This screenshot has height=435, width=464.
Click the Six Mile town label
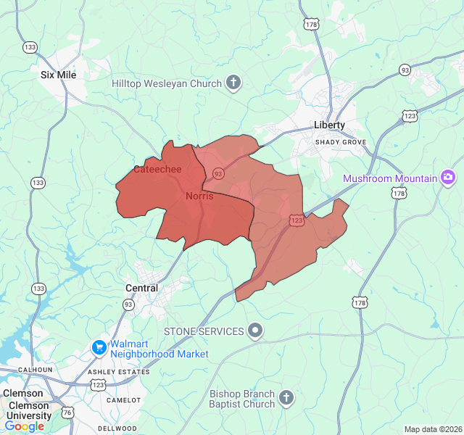pos(59,75)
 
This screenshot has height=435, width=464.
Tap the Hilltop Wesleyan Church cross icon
pos(233,83)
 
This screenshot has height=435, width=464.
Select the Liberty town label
pos(330,125)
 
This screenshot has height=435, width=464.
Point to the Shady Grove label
pos(340,142)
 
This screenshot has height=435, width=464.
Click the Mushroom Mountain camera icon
pos(449,178)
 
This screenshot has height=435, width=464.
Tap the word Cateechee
pos(157,170)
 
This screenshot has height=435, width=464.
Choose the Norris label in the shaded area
pos(199,196)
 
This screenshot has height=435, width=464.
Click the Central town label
pos(141,288)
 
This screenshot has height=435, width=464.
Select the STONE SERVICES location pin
pos(254,331)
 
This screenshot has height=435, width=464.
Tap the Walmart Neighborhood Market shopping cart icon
pos(99,349)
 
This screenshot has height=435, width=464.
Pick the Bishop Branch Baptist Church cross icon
pos(286,398)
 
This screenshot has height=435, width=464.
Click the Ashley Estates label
pos(119,372)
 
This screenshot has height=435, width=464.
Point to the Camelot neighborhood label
pos(123,400)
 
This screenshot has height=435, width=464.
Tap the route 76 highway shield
pos(67,412)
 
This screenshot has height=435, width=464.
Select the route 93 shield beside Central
pos(128,304)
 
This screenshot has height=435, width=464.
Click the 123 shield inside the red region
pos(296,219)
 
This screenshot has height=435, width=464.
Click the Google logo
pos(25,426)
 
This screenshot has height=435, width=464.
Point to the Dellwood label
pos(117,428)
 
